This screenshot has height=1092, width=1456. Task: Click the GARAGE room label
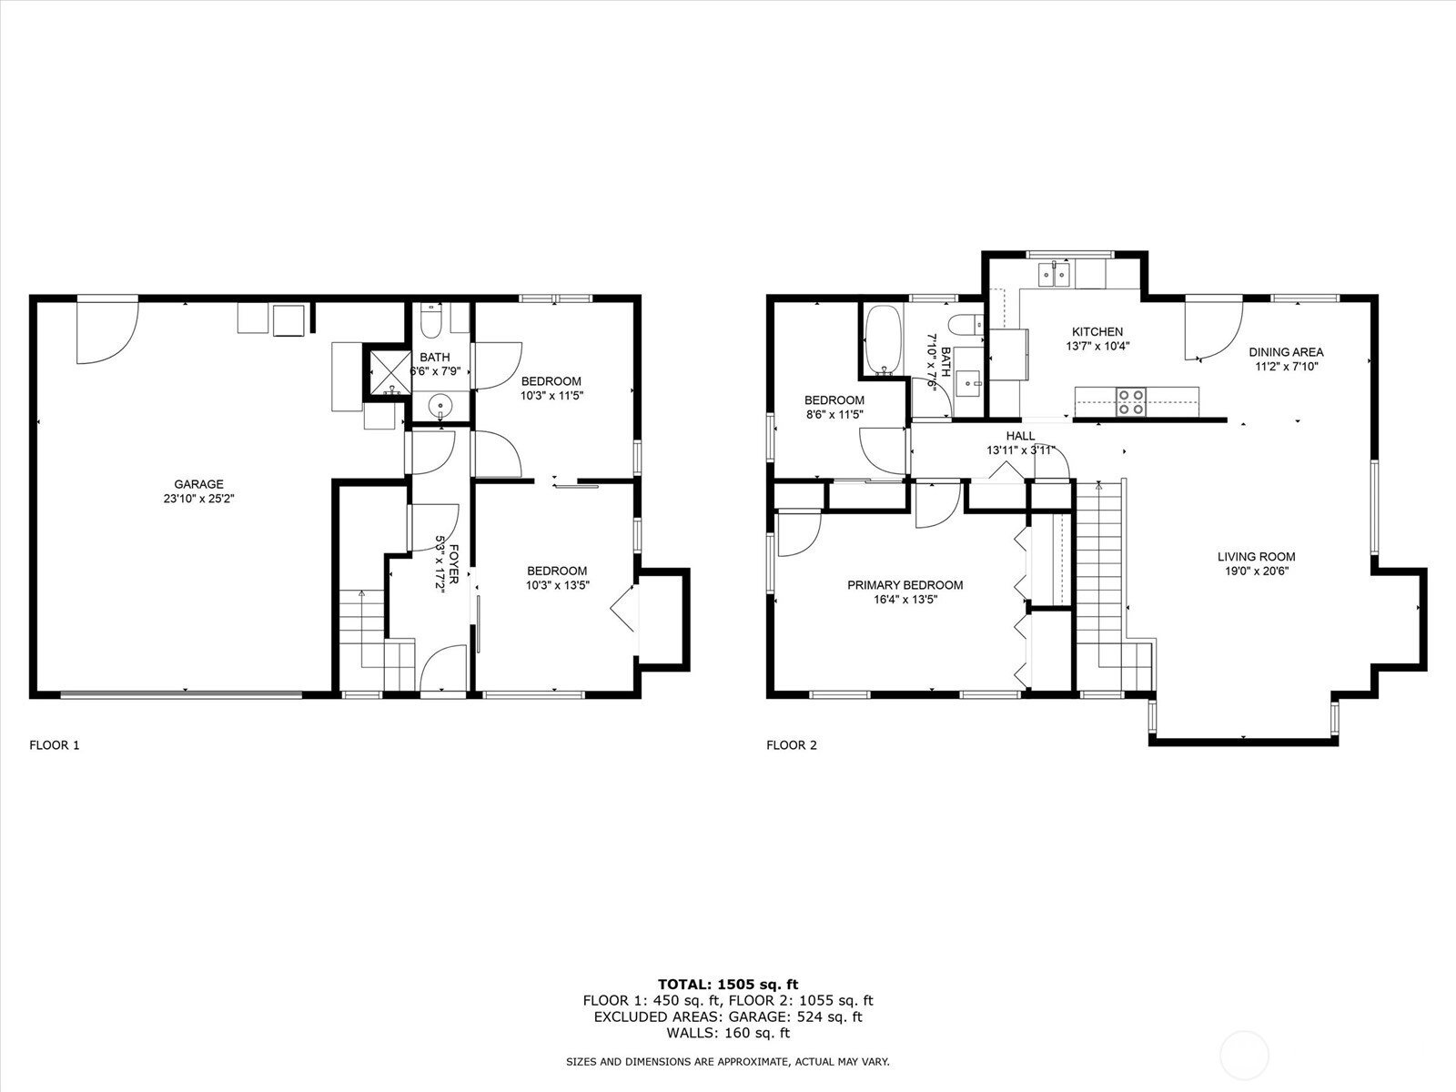point(199,484)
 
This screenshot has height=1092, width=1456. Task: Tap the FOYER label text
point(454,564)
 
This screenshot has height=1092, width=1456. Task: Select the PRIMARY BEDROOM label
point(905,585)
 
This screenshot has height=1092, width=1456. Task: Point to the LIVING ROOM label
point(1257,557)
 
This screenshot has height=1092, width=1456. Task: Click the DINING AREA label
point(1286,352)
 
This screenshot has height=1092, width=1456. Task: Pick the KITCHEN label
point(1097,331)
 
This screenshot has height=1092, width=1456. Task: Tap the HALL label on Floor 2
point(1020,436)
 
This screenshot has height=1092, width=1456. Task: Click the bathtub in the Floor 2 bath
point(883,339)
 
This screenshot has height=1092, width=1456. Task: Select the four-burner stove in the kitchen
point(1131,401)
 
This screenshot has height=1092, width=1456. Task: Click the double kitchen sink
point(1054,274)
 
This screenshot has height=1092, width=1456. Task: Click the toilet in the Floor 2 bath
point(966,325)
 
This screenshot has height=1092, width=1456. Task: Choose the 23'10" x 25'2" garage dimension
point(199,499)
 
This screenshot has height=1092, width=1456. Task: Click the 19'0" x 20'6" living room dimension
point(1257,571)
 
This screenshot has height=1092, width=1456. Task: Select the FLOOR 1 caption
point(55,745)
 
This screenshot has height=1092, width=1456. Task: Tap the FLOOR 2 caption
point(792,745)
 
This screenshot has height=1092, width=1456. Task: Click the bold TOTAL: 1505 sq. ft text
point(728,985)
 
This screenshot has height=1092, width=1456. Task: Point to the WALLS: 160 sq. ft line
point(728,1032)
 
